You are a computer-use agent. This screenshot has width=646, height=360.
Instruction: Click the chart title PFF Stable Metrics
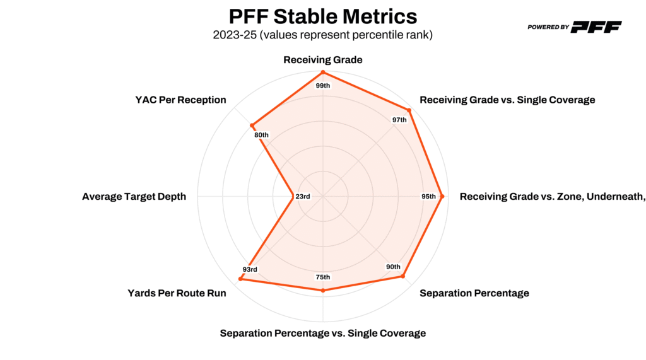[x=322, y=16]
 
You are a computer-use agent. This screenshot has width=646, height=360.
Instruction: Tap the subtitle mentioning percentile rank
[x=322, y=35]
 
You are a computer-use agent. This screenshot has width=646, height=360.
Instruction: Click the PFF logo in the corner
[x=574, y=26]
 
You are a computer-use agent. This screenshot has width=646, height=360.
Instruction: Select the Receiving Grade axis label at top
[x=322, y=60]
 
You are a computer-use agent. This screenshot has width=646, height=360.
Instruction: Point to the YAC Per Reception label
[x=180, y=100]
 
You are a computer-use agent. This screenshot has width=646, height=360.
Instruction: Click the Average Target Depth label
[x=134, y=197]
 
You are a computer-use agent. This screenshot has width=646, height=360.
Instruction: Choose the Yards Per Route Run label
[x=177, y=293]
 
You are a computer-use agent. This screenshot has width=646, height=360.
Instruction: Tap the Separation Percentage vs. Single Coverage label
[x=322, y=333]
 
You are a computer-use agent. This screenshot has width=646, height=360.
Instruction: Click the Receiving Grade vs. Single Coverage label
[x=507, y=100]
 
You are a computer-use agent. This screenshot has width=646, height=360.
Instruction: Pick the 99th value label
[x=322, y=85]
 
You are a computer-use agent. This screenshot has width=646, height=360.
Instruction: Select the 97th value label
[x=399, y=120]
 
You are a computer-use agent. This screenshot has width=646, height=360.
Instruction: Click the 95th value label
[x=428, y=197]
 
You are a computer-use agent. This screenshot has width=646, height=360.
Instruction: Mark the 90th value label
[x=393, y=267]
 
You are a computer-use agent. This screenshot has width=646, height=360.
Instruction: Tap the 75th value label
[x=322, y=277]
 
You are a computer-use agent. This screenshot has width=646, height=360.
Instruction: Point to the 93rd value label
[x=250, y=270]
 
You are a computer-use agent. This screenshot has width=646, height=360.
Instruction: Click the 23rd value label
[x=303, y=197]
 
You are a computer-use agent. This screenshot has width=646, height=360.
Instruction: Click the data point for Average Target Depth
[x=292, y=197]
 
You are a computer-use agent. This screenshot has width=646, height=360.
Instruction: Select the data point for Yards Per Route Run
[x=240, y=279]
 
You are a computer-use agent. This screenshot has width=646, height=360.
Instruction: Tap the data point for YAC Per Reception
[x=252, y=125]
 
